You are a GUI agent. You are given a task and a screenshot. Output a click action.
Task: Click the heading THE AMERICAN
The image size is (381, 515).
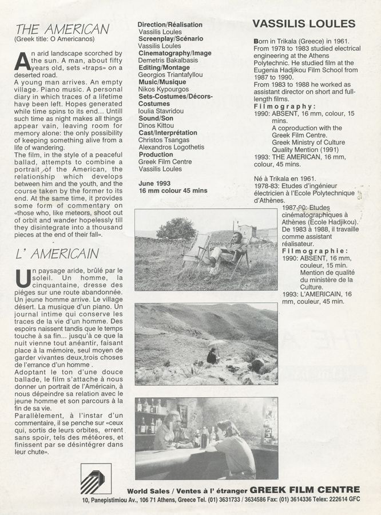click(x=62, y=29)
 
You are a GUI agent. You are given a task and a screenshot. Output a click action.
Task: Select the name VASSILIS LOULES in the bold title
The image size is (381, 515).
click(x=304, y=23)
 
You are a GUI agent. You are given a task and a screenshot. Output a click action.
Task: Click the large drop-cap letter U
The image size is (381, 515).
click(x=23, y=277)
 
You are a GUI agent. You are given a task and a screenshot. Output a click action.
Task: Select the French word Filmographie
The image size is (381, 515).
click(x=315, y=251)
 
